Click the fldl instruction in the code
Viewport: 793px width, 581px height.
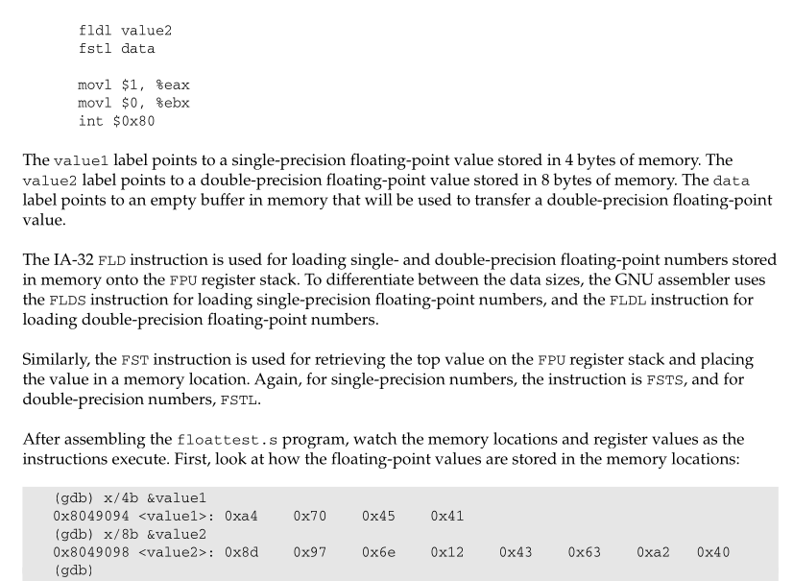[95, 31]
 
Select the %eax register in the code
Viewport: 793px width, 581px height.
[173, 85]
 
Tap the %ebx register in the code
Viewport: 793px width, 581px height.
[173, 104]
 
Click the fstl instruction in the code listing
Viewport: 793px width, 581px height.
[95, 49]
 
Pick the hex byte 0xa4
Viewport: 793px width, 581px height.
[241, 517]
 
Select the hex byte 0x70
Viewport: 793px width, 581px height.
[310, 517]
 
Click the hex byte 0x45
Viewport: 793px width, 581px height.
[378, 517]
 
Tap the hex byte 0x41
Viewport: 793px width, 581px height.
[447, 517]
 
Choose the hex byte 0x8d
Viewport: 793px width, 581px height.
[241, 552]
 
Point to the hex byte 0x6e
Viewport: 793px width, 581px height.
[378, 552]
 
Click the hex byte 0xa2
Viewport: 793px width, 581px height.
[653, 552]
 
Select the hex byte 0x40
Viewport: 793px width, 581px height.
[713, 552]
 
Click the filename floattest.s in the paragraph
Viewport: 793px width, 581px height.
[228, 440]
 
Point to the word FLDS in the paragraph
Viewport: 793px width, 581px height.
[67, 301]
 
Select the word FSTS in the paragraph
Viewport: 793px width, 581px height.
[664, 380]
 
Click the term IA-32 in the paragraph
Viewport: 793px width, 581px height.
[73, 260]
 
